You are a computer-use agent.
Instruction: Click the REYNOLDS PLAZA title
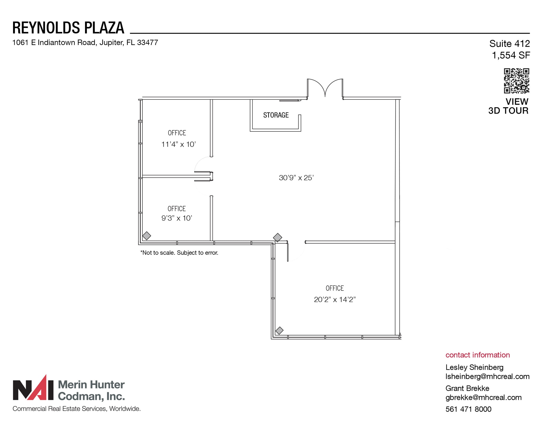click(68, 28)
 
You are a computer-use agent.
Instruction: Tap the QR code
click(516, 81)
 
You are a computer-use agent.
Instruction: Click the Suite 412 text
click(509, 43)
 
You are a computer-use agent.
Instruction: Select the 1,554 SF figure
click(511, 55)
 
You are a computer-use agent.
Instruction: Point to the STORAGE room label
click(276, 115)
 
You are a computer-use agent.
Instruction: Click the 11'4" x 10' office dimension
click(178, 144)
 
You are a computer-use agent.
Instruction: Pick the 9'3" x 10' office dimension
click(176, 218)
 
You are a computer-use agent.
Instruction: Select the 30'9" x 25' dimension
click(296, 178)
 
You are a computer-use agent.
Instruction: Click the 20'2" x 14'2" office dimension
click(335, 300)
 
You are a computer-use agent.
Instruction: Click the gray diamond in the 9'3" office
click(147, 236)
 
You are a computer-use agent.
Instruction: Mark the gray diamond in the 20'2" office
click(279, 331)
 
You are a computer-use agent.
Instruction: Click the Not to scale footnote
click(179, 253)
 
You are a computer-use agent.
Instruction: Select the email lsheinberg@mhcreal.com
click(487, 376)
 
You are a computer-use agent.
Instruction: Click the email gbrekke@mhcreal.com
click(483, 397)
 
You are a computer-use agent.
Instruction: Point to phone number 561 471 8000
click(468, 409)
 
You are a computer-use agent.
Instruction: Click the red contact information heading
click(477, 355)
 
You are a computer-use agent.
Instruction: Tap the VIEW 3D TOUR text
click(508, 106)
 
